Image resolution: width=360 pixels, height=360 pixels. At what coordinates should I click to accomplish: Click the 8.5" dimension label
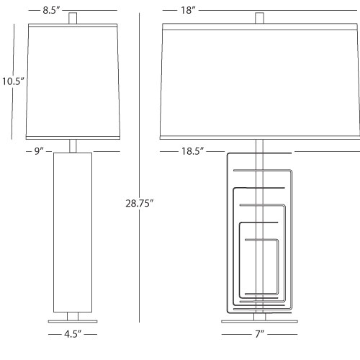pyautogui.click(x=51, y=10)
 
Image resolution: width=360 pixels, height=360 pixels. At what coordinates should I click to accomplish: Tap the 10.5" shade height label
pyautogui.click(x=13, y=81)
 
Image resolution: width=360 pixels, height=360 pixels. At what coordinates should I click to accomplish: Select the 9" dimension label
pyautogui.click(x=39, y=151)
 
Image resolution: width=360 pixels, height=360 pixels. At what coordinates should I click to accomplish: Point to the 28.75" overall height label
pyautogui.click(x=140, y=203)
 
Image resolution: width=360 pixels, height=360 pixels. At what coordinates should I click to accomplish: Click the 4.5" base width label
pyautogui.click(x=73, y=334)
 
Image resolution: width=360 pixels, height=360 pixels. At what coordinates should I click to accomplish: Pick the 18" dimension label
pyautogui.click(x=188, y=10)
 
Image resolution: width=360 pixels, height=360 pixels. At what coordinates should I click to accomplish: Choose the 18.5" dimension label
pyautogui.click(x=192, y=151)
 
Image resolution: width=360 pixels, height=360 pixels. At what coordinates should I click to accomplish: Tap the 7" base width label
pyautogui.click(x=259, y=334)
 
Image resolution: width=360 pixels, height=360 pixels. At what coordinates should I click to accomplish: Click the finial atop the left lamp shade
pyautogui.click(x=73, y=18)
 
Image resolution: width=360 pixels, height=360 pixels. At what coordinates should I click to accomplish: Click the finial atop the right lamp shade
pyautogui.click(x=259, y=18)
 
